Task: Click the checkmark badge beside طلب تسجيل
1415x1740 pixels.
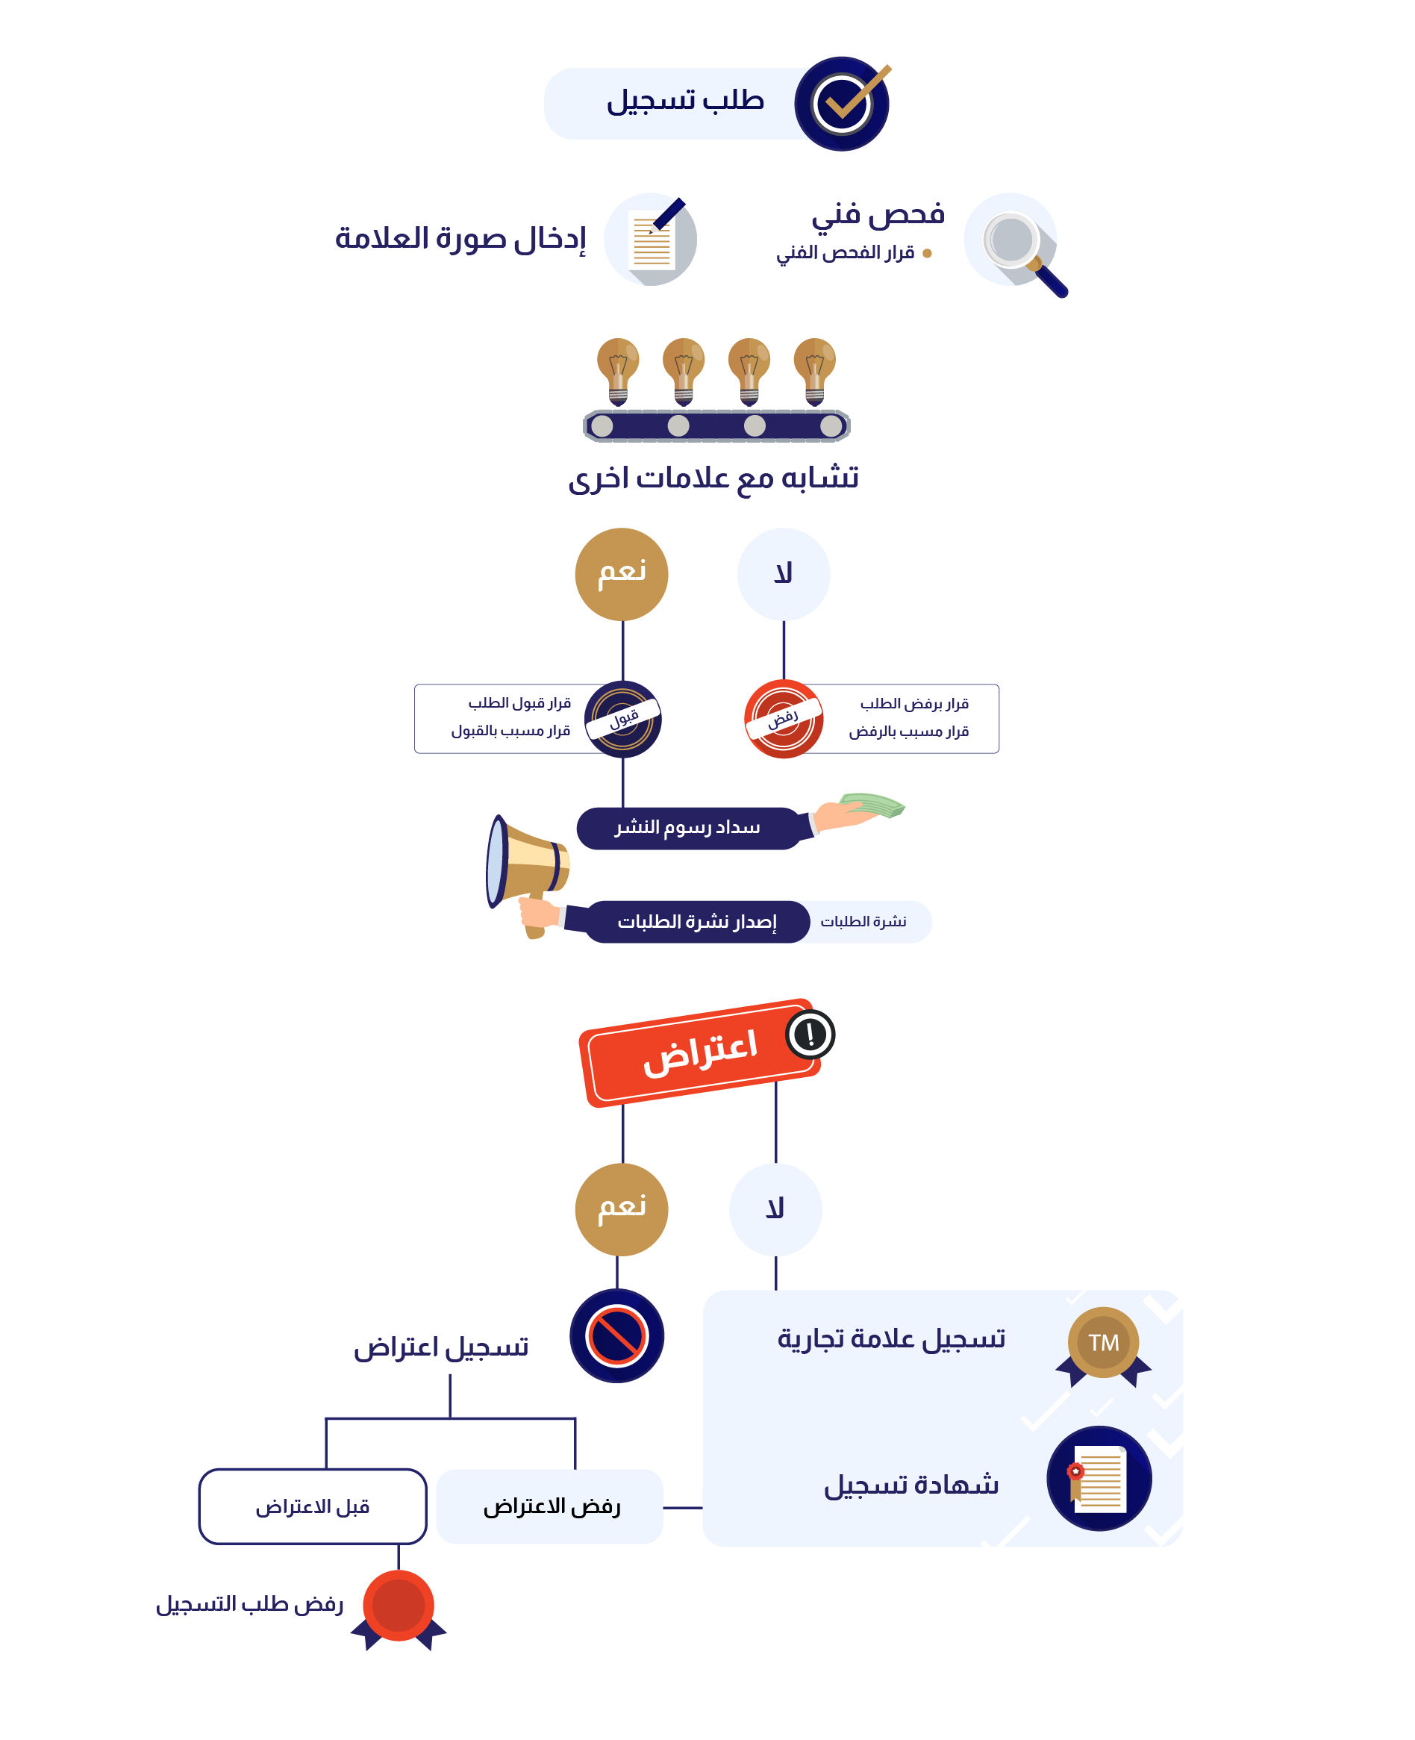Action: click(842, 104)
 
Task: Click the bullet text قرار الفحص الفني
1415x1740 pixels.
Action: click(846, 253)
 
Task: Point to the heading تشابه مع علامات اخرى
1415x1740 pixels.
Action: click(713, 478)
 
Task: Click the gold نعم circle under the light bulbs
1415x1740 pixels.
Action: click(622, 574)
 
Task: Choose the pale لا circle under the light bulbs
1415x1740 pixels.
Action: click(784, 574)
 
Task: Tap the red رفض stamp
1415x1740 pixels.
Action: click(784, 718)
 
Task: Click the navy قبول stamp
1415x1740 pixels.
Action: click(622, 718)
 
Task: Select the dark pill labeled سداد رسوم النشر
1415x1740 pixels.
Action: click(688, 829)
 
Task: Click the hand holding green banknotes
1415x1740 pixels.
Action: click(856, 811)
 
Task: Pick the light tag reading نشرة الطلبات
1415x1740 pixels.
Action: click(864, 921)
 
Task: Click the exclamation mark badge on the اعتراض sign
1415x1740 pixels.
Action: click(810, 1034)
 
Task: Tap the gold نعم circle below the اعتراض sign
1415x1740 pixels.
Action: click(622, 1209)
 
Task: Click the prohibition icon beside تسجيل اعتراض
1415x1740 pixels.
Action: click(617, 1335)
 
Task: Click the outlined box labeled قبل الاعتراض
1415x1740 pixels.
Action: click(313, 1506)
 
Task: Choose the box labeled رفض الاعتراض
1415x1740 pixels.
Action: click(550, 1506)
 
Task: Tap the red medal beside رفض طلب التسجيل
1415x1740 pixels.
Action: click(399, 1607)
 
